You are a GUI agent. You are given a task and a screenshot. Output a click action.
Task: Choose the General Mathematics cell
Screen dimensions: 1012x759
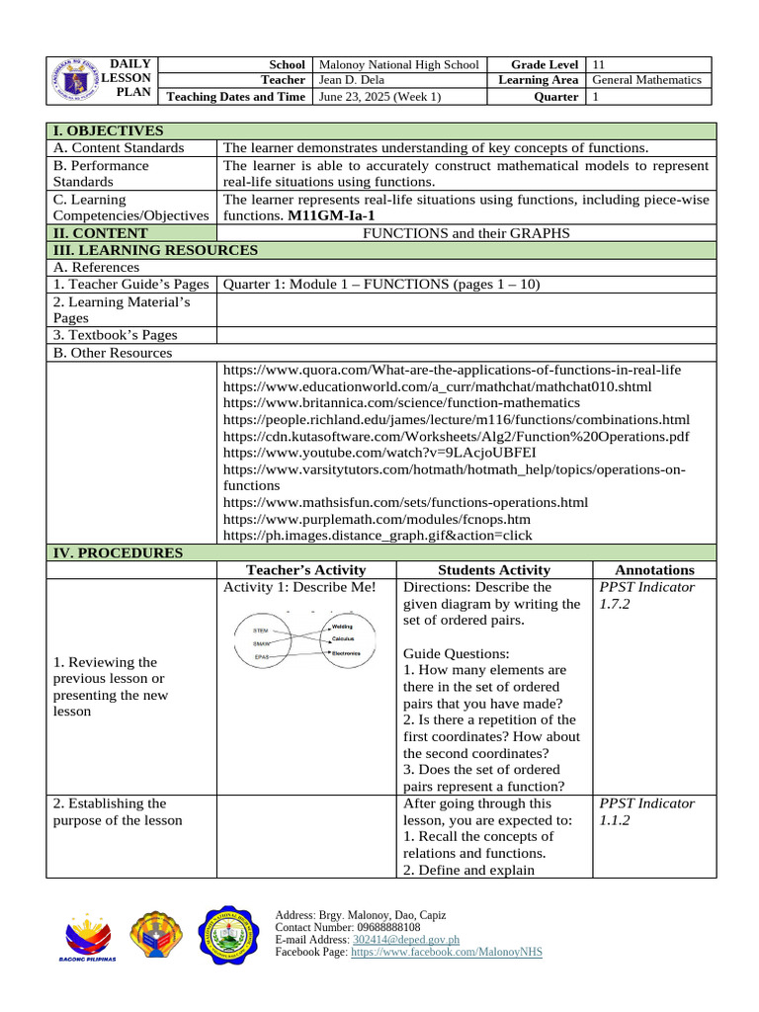(x=646, y=80)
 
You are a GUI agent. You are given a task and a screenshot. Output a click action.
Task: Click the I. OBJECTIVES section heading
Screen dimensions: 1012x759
(x=108, y=130)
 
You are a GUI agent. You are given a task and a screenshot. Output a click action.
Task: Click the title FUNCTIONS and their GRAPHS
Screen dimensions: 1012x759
(x=466, y=233)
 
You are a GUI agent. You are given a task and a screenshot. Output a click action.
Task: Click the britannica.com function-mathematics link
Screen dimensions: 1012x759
(x=402, y=402)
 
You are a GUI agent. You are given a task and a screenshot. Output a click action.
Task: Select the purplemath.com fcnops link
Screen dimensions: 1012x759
(x=377, y=519)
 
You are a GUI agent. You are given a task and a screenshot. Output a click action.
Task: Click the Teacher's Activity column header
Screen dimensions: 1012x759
(x=305, y=570)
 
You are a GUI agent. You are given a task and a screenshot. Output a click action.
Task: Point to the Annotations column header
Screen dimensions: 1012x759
(x=654, y=570)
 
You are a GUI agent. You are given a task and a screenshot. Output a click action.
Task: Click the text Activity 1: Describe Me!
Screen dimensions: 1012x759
(x=299, y=587)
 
